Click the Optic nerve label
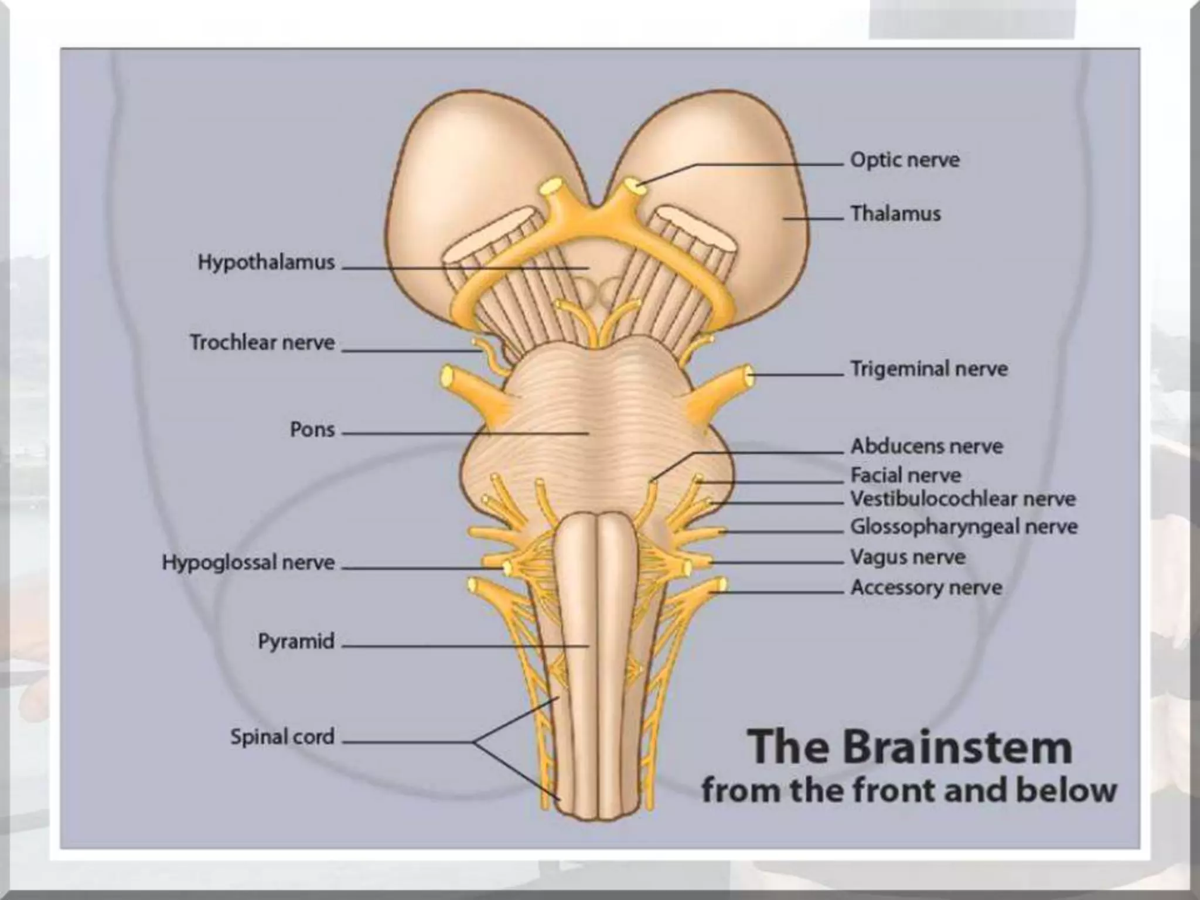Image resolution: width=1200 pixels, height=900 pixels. click(x=905, y=160)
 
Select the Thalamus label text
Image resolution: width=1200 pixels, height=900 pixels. click(x=895, y=214)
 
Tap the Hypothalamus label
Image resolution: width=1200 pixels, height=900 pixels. click(x=266, y=262)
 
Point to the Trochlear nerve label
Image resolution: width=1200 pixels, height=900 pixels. click(x=262, y=342)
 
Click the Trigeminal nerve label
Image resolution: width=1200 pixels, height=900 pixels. click(x=929, y=369)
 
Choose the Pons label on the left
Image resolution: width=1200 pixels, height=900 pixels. click(x=312, y=429)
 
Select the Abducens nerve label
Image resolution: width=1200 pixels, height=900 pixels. click(x=926, y=446)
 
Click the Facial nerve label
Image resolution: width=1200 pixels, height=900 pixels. click(x=906, y=475)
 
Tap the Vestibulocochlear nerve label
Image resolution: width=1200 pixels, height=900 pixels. click(x=963, y=499)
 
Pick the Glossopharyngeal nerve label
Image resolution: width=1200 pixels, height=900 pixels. click(x=964, y=527)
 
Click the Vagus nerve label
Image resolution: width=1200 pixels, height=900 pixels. click(x=908, y=557)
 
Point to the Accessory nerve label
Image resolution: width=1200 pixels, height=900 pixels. click(x=926, y=587)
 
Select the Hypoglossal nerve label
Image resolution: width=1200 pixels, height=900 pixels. click(x=248, y=562)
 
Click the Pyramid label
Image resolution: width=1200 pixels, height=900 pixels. click(x=296, y=641)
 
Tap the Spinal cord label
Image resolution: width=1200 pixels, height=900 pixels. click(x=282, y=737)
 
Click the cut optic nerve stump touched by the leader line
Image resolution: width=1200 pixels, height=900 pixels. click(x=633, y=186)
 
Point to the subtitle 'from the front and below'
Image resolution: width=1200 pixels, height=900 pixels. click(x=909, y=790)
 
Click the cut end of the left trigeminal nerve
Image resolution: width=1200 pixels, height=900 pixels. click(x=448, y=377)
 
